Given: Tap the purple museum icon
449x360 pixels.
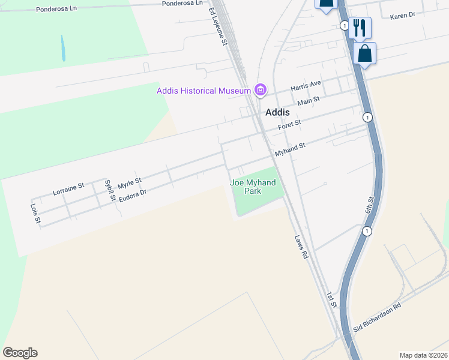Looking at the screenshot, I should click(260, 91).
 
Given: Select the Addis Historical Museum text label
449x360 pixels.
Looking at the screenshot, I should click(203, 91).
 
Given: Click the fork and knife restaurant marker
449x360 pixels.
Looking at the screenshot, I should click(360, 27).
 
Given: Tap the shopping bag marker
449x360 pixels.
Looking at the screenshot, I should click(364, 53).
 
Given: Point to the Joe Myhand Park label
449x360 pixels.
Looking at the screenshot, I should click(253, 187).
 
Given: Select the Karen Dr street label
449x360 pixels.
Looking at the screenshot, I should click(402, 16).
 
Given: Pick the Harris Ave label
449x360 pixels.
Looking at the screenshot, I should click(306, 85).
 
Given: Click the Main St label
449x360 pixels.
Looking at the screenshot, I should click(309, 101).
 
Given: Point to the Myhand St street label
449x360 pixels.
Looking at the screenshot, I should click(291, 149).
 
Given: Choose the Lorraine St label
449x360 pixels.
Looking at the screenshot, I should click(68, 190).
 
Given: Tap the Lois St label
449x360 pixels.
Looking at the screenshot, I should click(35, 214).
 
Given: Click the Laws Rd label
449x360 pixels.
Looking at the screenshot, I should click(301, 246).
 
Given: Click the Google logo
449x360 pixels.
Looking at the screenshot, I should click(20, 353).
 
